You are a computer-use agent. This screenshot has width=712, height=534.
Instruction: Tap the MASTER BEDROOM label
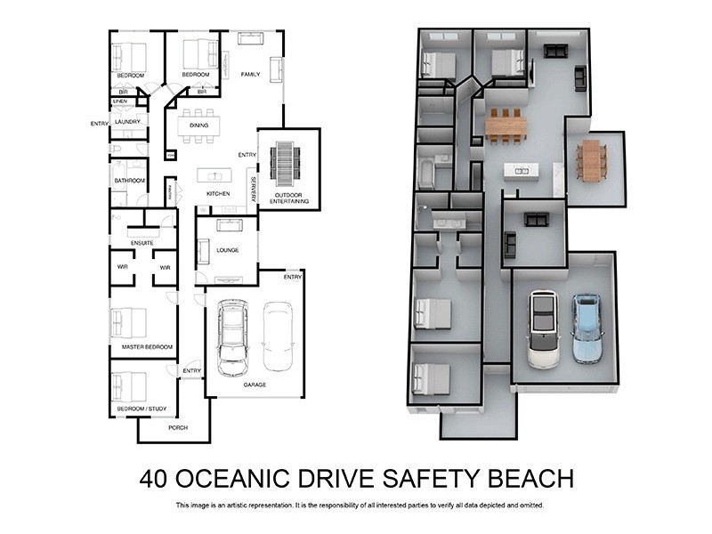pos(142,346)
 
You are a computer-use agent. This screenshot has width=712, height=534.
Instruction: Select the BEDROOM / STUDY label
pos(142,409)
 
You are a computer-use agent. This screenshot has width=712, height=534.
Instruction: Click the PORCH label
pos(178,428)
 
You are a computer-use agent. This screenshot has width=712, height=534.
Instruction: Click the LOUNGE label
pos(227,251)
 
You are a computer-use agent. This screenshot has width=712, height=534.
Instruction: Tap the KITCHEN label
pos(218,193)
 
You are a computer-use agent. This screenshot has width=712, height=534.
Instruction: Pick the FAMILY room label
pos(250,75)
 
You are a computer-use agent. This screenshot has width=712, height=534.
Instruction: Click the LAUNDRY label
pos(128,121)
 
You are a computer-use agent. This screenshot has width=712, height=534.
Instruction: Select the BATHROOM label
pos(129,181)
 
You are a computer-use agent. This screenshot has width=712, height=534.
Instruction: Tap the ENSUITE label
pos(142,242)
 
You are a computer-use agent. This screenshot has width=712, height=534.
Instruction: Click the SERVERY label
pos(253,189)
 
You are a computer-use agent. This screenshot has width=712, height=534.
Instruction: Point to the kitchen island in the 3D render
pos(521,170)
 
